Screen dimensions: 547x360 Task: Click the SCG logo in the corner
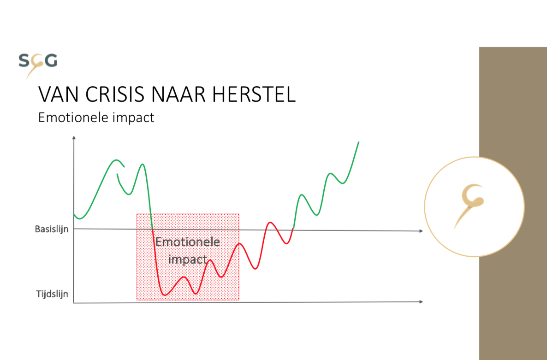[x=38, y=65]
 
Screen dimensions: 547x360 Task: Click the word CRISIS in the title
[x=114, y=94]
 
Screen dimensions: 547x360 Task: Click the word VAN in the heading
[x=58, y=94]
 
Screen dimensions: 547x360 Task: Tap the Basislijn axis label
[x=52, y=229]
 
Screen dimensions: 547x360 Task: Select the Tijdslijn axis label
[x=52, y=294]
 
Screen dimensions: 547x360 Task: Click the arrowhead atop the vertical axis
[x=74, y=138]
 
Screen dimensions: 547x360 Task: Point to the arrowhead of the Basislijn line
[x=421, y=231]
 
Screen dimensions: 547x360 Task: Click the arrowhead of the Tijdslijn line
[x=421, y=301]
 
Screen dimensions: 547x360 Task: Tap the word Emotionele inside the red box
[x=188, y=242]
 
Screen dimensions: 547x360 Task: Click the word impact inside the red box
[x=188, y=260]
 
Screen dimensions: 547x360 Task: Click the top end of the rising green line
[x=359, y=142]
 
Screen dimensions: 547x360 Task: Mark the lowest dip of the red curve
[x=165, y=295]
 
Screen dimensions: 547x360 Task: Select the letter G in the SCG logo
[x=51, y=60]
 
